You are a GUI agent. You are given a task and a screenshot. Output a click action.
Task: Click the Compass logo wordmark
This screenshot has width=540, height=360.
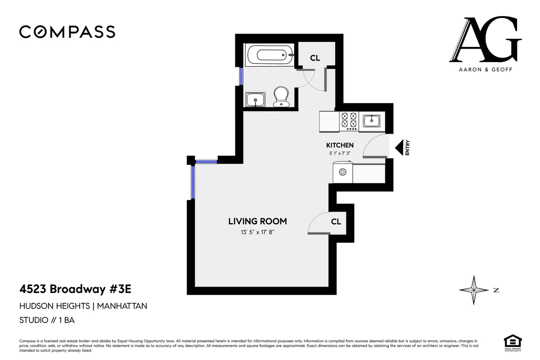pos(67,32)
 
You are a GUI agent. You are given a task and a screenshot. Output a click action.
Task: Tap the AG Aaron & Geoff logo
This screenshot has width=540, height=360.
pos(485,43)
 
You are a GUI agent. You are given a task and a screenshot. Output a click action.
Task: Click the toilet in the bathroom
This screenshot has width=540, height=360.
pos(281,96)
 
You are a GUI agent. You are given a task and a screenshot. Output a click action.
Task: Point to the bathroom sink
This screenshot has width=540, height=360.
pos(256,99)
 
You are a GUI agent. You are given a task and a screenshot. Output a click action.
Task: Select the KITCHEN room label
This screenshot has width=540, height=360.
pos(340,145)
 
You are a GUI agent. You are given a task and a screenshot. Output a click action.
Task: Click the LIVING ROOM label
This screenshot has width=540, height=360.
pos(257,221)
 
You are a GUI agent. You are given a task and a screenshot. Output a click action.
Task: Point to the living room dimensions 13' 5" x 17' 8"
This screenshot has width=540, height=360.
pos(257,233)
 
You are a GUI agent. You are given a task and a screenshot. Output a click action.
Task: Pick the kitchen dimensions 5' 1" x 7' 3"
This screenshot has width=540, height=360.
pos(340,153)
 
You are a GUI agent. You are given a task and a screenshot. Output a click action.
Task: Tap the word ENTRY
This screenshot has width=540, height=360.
pos(408,148)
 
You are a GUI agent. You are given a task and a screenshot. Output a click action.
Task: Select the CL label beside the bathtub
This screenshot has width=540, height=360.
pos(315,58)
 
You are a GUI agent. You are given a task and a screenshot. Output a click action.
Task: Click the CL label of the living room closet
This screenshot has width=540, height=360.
pos(336,222)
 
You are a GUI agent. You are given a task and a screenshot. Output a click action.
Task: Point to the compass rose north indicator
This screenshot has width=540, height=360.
pos(474,290)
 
